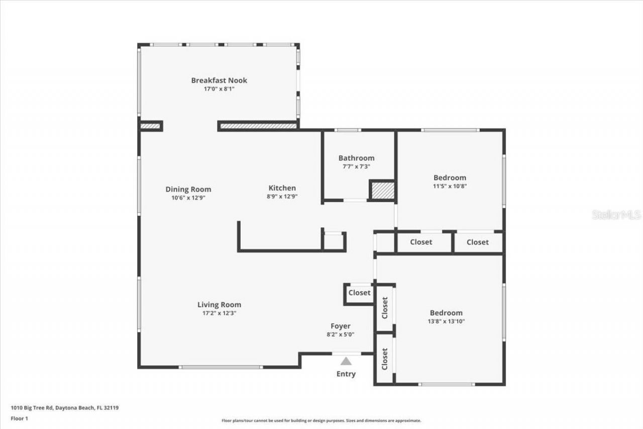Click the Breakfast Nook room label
click(219, 80)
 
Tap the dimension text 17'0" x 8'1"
click(219, 89)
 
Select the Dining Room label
click(188, 190)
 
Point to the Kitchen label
click(281, 188)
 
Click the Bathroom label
click(356, 158)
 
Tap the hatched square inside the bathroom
click(383, 191)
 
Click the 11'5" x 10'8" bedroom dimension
click(450, 186)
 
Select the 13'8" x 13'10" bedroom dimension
click(446, 321)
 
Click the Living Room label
click(219, 305)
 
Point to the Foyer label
click(340, 326)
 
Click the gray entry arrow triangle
click(346, 361)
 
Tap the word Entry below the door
click(346, 374)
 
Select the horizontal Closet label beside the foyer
click(360, 293)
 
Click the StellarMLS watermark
click(616, 215)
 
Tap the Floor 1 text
click(19, 418)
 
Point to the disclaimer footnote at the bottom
click(321, 420)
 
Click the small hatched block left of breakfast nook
click(150, 126)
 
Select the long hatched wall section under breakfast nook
click(258, 126)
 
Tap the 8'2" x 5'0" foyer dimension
click(340, 334)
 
